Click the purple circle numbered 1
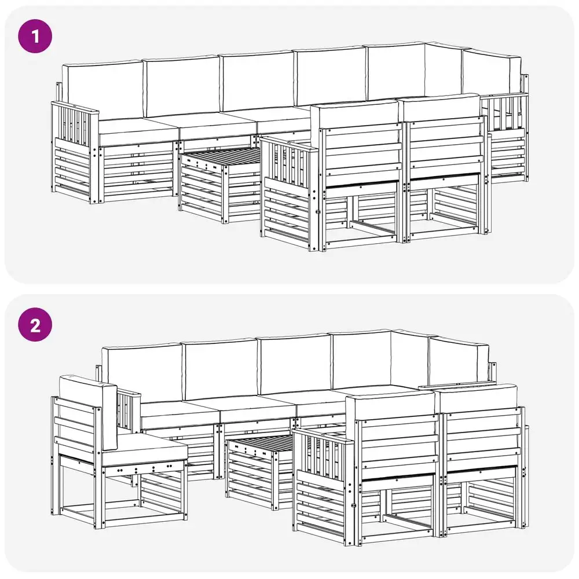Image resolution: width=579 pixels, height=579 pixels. [x=35, y=36]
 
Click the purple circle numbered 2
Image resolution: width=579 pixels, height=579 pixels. [x=35, y=325]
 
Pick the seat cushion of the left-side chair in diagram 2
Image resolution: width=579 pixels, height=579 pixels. [x=145, y=449]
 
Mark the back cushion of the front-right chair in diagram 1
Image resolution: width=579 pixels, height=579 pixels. [x=442, y=107]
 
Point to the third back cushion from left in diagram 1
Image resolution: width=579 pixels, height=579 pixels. [x=258, y=81]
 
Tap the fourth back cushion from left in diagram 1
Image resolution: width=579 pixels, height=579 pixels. [x=331, y=76]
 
